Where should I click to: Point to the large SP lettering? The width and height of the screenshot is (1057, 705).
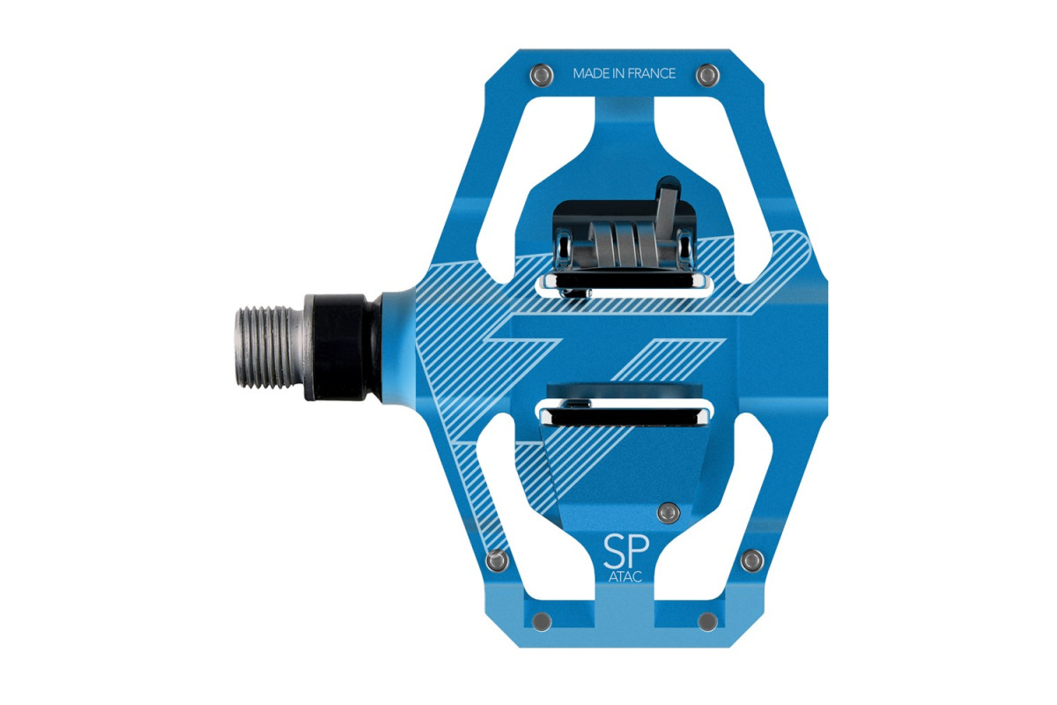pyautogui.click(x=626, y=552)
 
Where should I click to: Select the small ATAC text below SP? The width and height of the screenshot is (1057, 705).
pyautogui.click(x=625, y=576)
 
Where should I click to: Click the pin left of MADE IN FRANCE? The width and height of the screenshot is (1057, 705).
pyautogui.click(x=541, y=74)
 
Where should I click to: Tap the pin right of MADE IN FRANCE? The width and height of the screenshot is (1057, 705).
pyautogui.click(x=708, y=75)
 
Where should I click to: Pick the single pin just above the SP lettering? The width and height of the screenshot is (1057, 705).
pyautogui.click(x=669, y=512)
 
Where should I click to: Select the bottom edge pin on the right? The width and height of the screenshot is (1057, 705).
pyautogui.click(x=707, y=621)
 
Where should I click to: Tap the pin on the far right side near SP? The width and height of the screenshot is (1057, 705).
pyautogui.click(x=752, y=560)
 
